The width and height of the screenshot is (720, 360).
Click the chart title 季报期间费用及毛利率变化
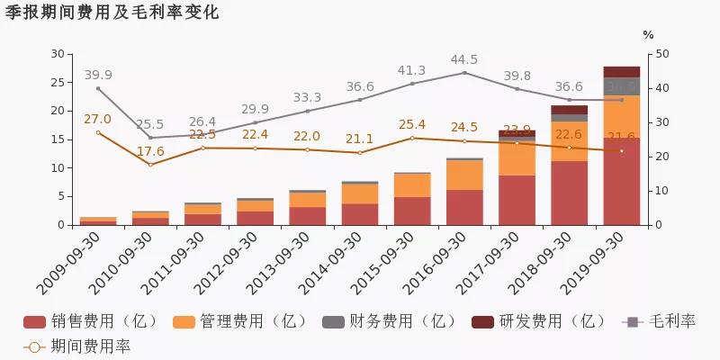point(112,13)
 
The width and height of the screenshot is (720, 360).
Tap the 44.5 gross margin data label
point(464,59)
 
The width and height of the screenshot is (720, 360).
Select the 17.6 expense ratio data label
point(150,151)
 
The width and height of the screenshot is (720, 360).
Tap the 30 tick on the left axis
point(57,54)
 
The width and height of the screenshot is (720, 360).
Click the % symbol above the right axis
point(648,34)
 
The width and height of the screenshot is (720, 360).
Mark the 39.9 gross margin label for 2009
point(98,75)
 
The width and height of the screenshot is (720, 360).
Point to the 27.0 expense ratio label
point(97,119)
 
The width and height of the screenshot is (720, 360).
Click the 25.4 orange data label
point(412,124)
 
